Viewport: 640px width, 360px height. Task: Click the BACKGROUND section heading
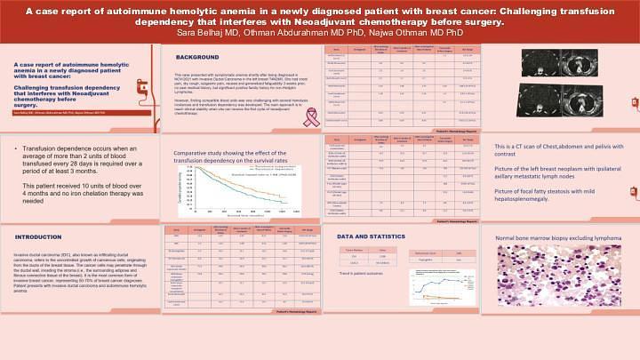click(197, 56)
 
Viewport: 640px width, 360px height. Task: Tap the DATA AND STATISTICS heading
click(377, 237)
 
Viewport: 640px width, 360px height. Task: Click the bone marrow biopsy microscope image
click(556, 297)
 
